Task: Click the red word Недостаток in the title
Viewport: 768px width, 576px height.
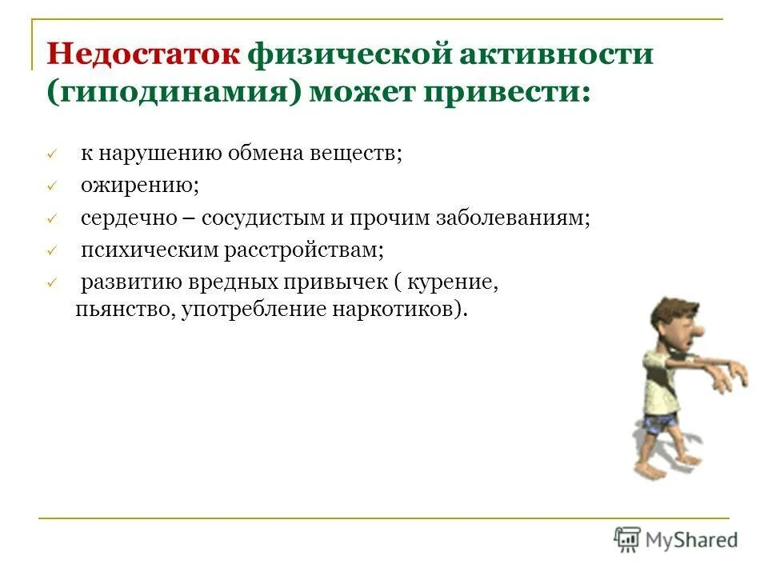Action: click(x=144, y=55)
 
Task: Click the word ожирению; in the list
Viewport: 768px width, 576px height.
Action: click(x=139, y=186)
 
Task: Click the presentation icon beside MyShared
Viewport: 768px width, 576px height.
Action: click(x=628, y=540)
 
